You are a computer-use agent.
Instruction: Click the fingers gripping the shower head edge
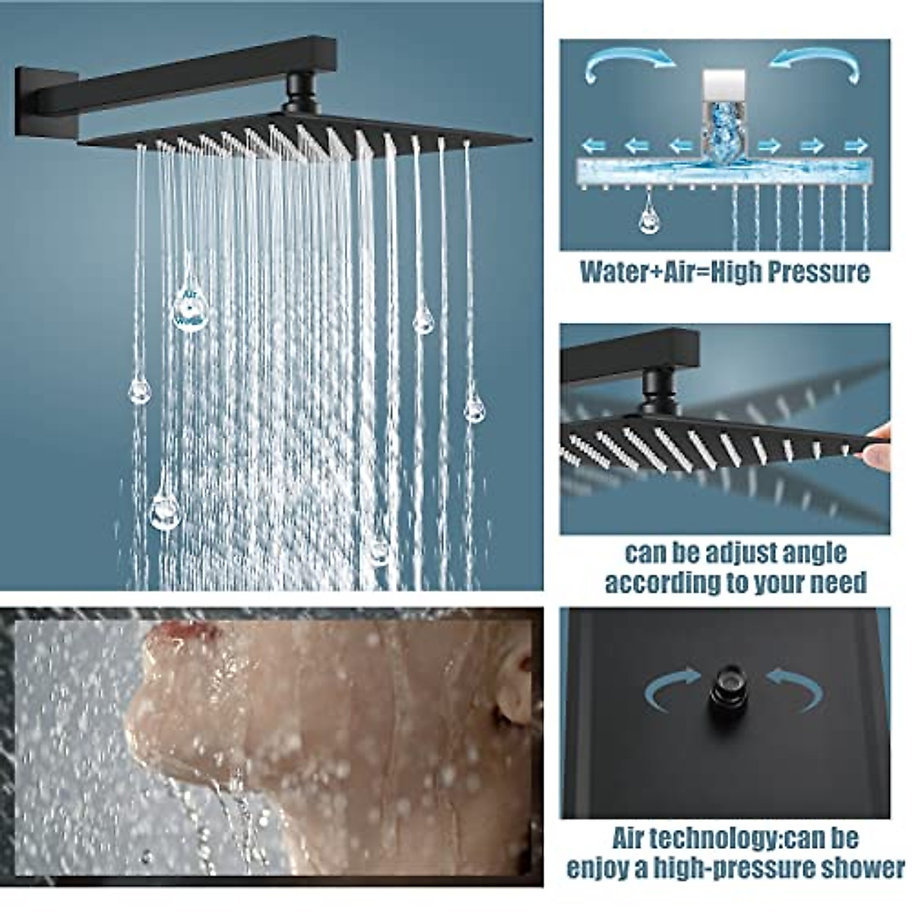[x=878, y=448]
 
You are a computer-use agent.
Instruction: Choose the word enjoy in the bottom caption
[x=597, y=868]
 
